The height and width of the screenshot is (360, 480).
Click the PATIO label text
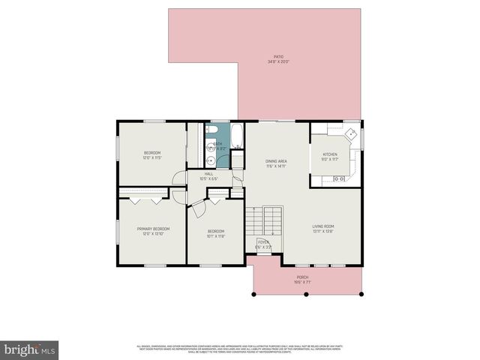pos(278,57)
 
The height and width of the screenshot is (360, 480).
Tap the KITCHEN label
pos(330,154)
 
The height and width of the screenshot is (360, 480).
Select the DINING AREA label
pos(277,161)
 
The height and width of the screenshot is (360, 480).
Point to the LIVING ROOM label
pos(323,226)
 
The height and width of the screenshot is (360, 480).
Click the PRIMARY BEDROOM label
pos(153,229)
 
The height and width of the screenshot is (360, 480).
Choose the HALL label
pos(209,174)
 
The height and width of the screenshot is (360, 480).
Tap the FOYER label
pos(263,242)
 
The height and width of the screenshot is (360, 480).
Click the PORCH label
pos(302,277)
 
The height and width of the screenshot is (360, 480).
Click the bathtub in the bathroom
pos(237,136)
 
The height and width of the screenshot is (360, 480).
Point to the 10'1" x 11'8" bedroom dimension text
pos(216,236)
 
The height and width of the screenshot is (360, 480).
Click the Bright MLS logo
pos(30,349)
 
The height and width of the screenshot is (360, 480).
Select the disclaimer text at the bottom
pos(240,348)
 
